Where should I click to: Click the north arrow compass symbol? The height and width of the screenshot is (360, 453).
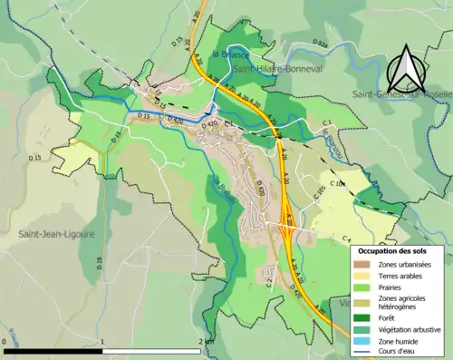[405, 66]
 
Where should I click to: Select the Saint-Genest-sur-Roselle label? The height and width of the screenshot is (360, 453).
[400, 93]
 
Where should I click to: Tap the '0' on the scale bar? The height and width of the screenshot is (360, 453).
[5, 342]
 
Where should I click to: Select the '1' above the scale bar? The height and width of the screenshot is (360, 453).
[102, 342]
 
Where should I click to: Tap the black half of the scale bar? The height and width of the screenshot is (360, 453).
[53, 350]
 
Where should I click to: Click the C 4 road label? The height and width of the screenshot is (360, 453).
[346, 238]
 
